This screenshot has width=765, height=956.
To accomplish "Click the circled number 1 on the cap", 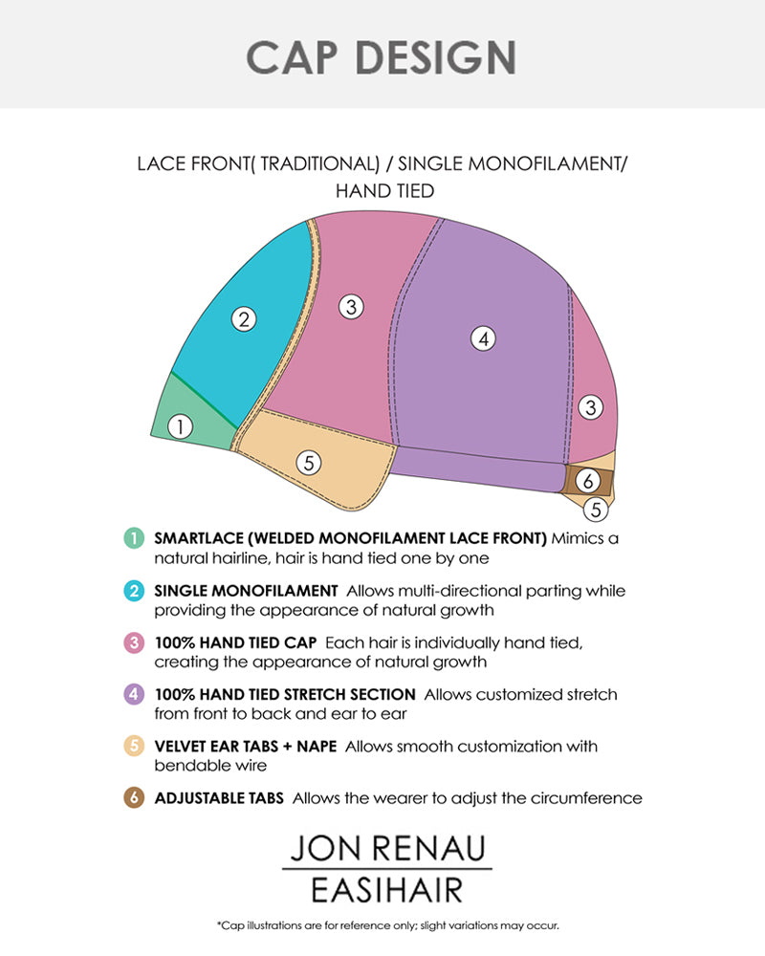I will coord(180,426).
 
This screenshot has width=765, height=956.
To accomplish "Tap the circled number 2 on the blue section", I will coord(245,320).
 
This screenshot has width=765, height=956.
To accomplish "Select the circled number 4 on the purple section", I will coord(485,337).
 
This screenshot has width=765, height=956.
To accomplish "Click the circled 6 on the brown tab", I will coord(590,481).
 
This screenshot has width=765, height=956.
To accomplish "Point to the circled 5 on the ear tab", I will coord(308,463).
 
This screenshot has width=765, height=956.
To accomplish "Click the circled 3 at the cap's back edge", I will coord(592,406).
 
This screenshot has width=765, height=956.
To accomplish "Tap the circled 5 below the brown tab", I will coord(596,510).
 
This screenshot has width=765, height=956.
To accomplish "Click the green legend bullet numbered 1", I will coord(132,538).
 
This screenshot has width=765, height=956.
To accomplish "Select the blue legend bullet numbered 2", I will coord(132,591).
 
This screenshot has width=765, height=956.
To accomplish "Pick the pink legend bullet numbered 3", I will coord(132,642).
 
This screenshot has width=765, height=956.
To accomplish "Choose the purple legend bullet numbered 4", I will coord(132,694).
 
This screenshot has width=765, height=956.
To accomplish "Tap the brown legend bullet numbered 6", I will coord(132,797).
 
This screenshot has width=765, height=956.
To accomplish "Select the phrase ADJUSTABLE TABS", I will coord(219,797).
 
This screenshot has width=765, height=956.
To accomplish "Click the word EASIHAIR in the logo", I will coord(386,891).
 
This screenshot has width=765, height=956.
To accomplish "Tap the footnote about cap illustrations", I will coord(387,925).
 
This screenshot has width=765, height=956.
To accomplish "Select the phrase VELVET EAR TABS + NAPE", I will coord(245,746).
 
